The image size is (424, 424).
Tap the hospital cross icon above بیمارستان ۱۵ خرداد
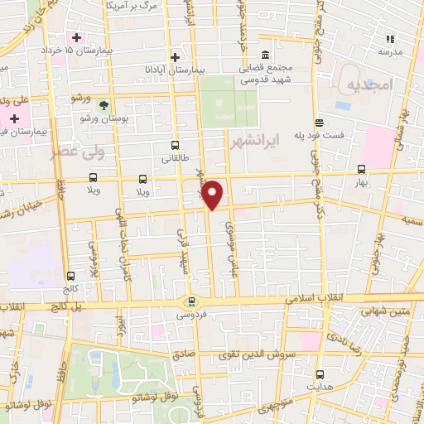(x=77, y=38)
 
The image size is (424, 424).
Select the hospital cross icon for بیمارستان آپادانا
(x=175, y=57)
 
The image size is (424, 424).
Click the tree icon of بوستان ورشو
(x=104, y=105)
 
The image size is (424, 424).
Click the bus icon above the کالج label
(x=70, y=276)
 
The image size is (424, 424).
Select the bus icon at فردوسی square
(x=192, y=301)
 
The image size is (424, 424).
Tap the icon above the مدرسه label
(x=390, y=38)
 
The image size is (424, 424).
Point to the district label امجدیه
(x=365, y=86)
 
